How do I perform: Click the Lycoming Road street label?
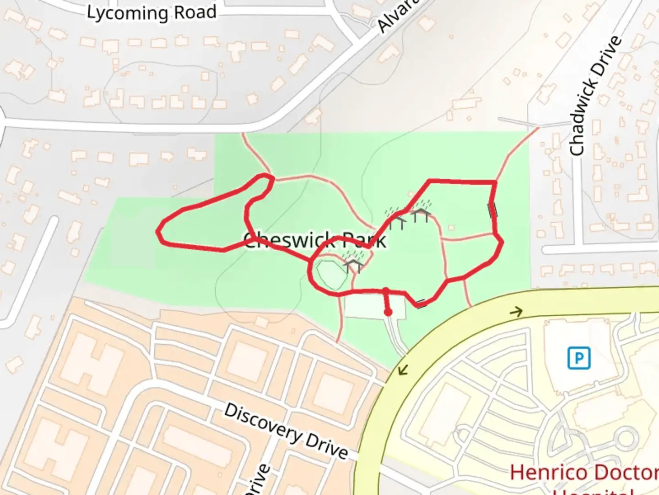[x=151, y=13]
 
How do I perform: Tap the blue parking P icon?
[x=578, y=358]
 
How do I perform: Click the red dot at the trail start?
[x=388, y=313]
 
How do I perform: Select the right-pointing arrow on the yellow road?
[x=516, y=312]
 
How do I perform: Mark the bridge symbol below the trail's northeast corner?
[x=492, y=210]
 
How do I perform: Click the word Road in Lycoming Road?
[x=195, y=12]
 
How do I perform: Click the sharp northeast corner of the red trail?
[x=495, y=183]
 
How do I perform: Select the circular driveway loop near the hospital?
[x=625, y=438]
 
